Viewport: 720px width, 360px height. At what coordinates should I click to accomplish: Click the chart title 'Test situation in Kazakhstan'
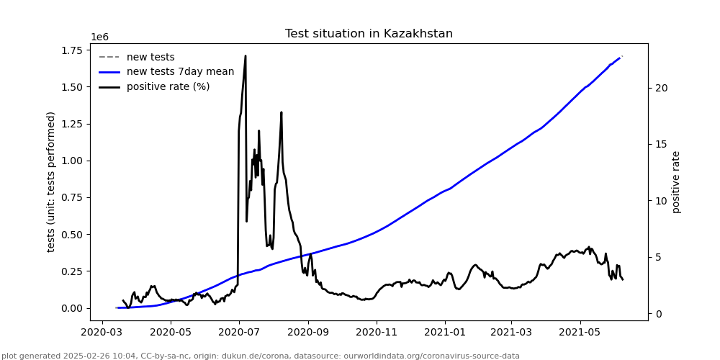369,34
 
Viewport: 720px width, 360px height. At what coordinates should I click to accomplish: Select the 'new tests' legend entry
150,58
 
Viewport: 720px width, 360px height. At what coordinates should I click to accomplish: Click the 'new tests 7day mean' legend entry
180,72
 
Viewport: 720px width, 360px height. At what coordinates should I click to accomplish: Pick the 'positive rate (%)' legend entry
168,87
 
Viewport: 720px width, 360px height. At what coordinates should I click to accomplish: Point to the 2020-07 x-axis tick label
238,333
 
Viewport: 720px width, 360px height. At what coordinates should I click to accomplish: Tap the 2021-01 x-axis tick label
444,333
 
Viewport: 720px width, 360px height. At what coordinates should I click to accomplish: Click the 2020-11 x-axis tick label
377,333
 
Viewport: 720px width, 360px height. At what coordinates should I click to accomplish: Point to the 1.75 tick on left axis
71,50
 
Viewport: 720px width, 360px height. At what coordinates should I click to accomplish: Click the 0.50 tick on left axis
71,234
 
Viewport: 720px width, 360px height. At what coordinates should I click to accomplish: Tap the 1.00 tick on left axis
71,161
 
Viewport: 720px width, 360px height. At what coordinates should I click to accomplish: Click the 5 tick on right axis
658,257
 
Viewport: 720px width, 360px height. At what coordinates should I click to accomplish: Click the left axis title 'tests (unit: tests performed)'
51,181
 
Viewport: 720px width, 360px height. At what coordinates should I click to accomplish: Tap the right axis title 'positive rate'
676,181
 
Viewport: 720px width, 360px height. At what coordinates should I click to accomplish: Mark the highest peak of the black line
246,55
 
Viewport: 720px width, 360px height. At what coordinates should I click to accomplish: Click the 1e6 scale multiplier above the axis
99,37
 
